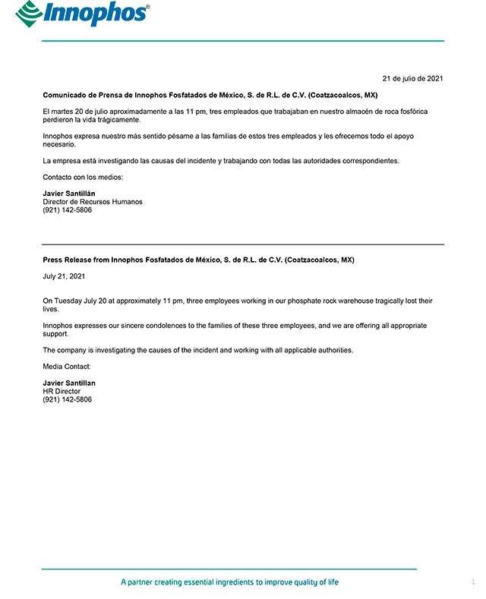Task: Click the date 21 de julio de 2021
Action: (x=412, y=78)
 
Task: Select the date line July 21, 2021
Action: (x=64, y=276)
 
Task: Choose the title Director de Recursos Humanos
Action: (x=93, y=202)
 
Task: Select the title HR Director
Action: (x=62, y=391)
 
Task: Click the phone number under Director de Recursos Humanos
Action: (x=68, y=210)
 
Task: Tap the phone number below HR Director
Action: (x=68, y=399)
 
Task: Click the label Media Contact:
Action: (x=67, y=367)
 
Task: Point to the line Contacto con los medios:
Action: (x=83, y=177)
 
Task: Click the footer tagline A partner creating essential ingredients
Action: (x=229, y=582)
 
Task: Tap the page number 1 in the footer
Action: (x=473, y=582)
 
